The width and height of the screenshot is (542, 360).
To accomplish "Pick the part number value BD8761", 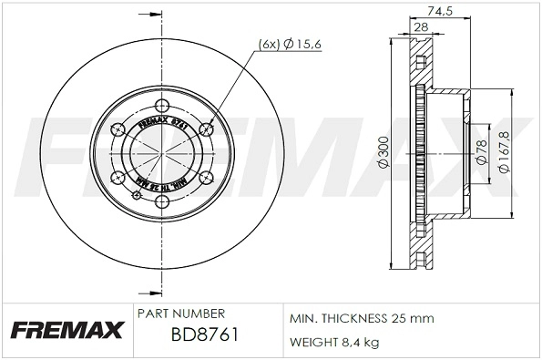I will pyautogui.click(x=205, y=334).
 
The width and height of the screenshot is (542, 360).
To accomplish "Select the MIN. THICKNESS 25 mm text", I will pyautogui.click(x=361, y=319).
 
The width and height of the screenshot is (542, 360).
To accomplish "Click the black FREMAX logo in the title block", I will pyautogui.click(x=65, y=329).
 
